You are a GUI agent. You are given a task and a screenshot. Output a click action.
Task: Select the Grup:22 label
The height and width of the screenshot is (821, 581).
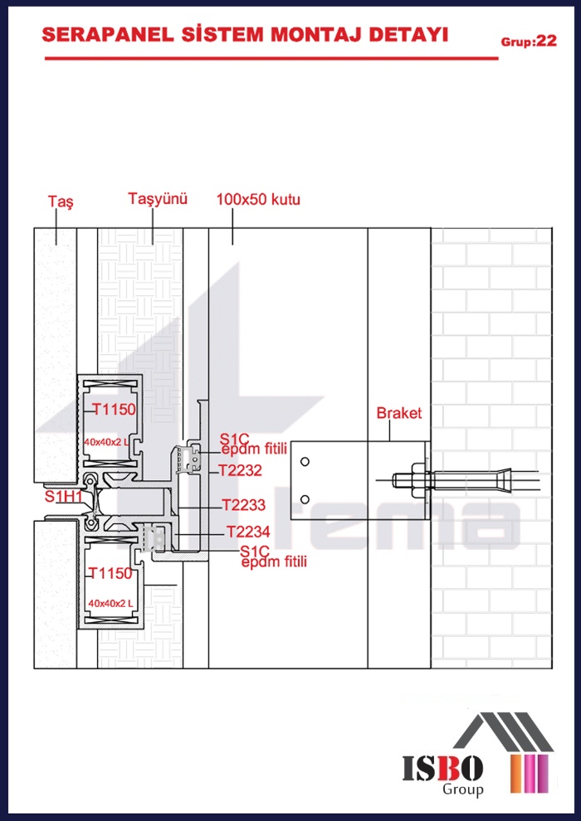pos(528,41)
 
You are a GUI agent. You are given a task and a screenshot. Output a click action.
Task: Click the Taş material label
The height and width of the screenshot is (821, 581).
pos(61,202)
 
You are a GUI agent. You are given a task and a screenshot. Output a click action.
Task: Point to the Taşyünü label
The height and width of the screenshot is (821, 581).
pos(158,199)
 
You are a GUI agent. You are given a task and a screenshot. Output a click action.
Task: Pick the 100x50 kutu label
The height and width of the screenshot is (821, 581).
pos(258,199)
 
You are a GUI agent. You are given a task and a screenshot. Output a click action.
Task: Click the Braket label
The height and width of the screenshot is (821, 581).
pos(399,413)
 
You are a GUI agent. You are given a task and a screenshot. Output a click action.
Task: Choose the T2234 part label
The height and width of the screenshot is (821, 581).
pos(248,532)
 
